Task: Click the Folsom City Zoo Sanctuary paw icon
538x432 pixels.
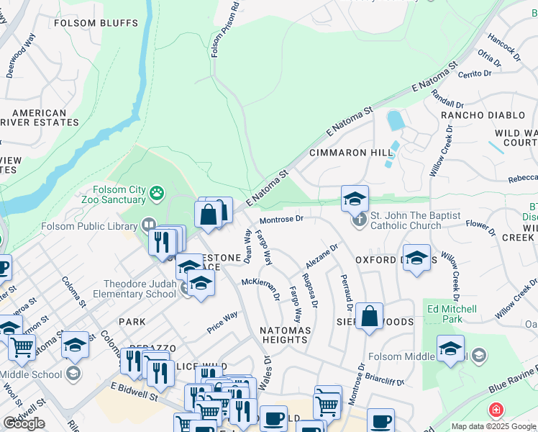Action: (x=158, y=193)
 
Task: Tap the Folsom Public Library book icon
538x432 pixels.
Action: (x=149, y=224)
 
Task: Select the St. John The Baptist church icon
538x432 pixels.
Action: (x=360, y=219)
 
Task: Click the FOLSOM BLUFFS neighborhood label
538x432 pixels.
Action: (x=96, y=23)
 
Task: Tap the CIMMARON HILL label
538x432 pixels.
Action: (x=351, y=153)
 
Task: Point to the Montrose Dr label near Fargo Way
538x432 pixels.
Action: (x=282, y=218)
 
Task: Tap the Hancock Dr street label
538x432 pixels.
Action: (x=503, y=44)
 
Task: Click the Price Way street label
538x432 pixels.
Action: (x=222, y=321)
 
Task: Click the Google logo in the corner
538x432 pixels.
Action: (x=24, y=423)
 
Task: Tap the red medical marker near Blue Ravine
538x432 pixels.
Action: (x=496, y=410)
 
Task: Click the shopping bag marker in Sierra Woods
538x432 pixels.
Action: (x=369, y=315)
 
